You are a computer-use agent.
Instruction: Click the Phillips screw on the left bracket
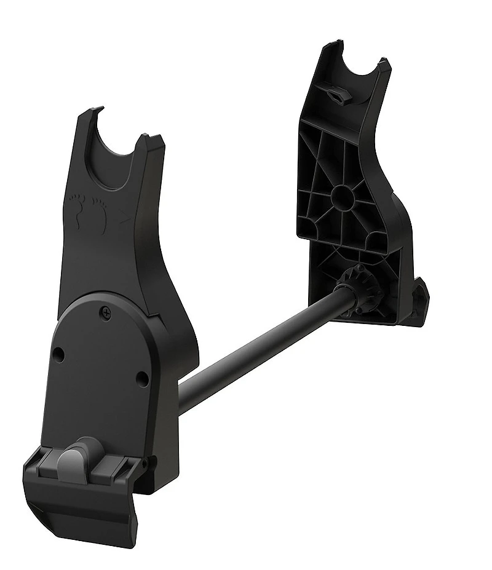[x=108, y=314]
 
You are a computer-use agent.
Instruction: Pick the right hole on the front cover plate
[x=142, y=377]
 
